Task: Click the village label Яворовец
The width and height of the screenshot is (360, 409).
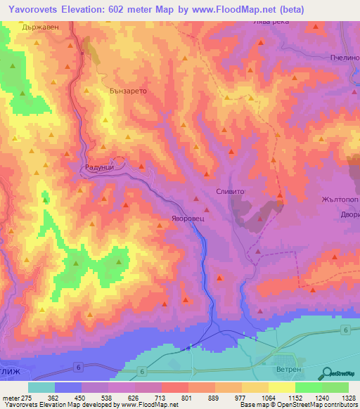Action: [x=188, y=219]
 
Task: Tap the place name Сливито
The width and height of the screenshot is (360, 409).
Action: [x=229, y=190]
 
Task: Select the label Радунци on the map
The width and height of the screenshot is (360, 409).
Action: [x=91, y=167]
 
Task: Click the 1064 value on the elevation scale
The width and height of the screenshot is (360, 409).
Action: [x=269, y=398]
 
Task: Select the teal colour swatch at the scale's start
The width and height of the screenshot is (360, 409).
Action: [x=41, y=387]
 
